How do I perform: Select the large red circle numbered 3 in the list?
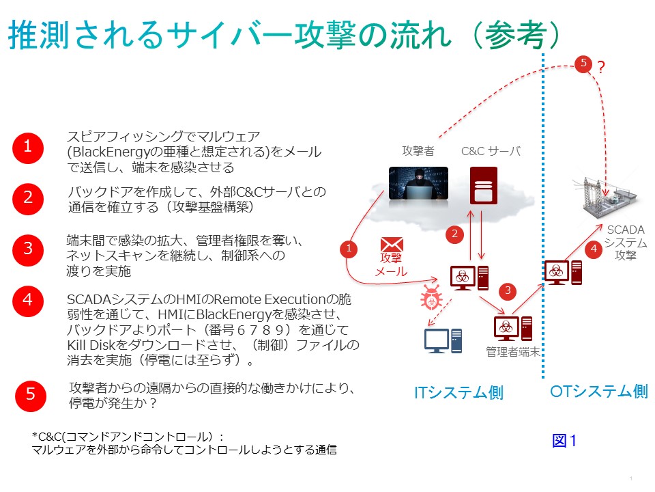click(28, 247)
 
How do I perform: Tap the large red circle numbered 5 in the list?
click(31, 394)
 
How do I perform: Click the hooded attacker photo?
click(418, 182)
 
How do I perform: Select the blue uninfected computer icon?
click(443, 340)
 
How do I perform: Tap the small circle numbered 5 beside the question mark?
click(583, 64)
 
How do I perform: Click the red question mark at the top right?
click(601, 67)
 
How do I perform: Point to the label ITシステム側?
click(458, 392)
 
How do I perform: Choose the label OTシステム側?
click(599, 391)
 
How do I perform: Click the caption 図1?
click(564, 441)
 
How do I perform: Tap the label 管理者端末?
click(512, 352)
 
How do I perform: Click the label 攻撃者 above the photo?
click(418, 150)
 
